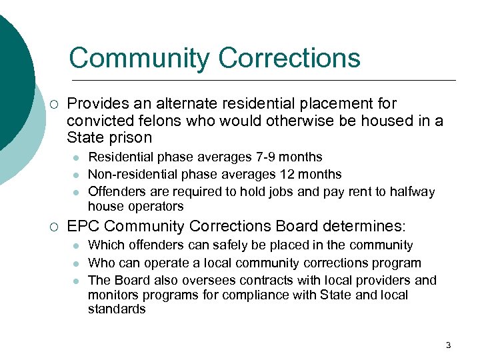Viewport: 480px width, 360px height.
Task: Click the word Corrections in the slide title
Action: click(x=289, y=58)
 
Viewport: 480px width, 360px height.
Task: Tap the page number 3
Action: click(x=448, y=345)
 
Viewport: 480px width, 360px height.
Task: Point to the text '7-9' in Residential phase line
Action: click(x=263, y=157)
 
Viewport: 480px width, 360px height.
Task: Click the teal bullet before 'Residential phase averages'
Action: click(x=77, y=158)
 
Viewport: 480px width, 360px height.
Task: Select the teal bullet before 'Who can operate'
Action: click(x=77, y=263)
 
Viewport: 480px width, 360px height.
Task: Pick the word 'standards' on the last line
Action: click(x=117, y=309)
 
